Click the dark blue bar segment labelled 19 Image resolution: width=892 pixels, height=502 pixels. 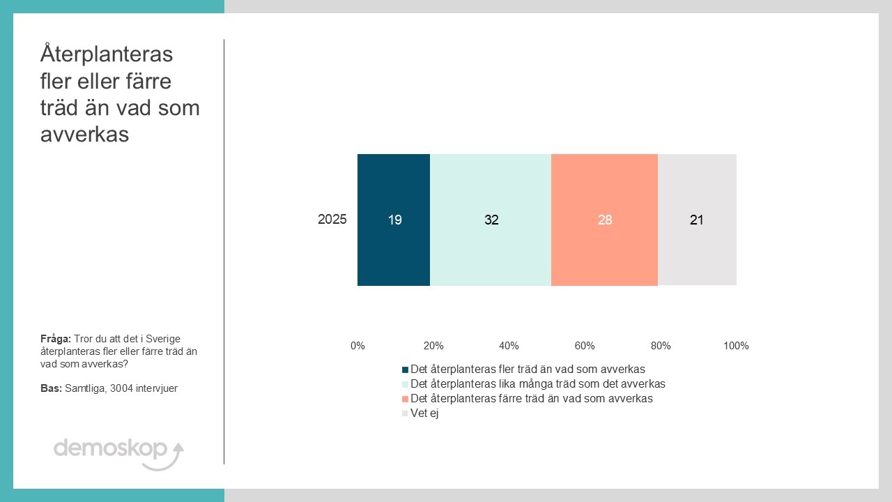tap(394, 220)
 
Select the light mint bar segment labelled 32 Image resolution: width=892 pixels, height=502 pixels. tap(491, 220)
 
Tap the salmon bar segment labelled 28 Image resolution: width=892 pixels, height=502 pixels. tap(604, 220)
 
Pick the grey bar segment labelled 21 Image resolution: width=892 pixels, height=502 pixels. tap(697, 220)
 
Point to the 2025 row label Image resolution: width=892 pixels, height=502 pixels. tap(332, 220)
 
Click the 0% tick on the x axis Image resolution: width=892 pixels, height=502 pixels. tap(357, 346)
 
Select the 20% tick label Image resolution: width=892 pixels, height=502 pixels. tap(433, 346)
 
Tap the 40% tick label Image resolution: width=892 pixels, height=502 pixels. tap(509, 346)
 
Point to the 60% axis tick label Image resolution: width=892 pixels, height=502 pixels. tap(585, 346)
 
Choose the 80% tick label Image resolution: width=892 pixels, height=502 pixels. tap(661, 346)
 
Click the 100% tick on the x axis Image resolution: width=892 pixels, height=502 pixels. tap(736, 346)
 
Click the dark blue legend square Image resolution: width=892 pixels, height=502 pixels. tap(406, 370)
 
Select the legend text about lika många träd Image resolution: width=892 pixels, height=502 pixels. tap(538, 384)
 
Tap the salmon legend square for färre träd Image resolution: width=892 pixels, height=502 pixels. tap(406, 399)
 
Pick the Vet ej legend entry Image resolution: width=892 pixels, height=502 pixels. tap(424, 413)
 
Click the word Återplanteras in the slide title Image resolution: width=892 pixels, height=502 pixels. tap(107, 54)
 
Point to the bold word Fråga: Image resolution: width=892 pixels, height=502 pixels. tap(56, 339)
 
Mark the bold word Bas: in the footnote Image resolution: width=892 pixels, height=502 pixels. tap(51, 388)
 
